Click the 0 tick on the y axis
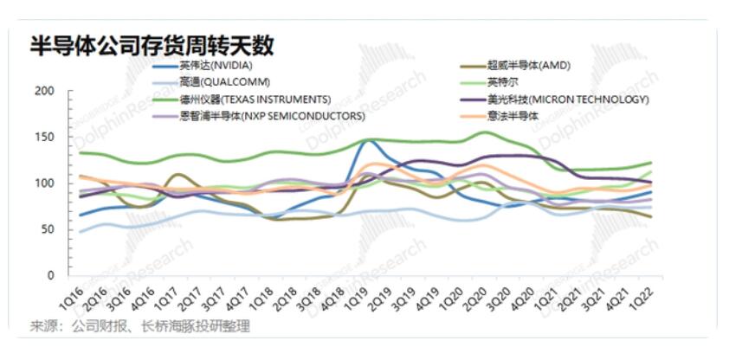coord(51,275)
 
